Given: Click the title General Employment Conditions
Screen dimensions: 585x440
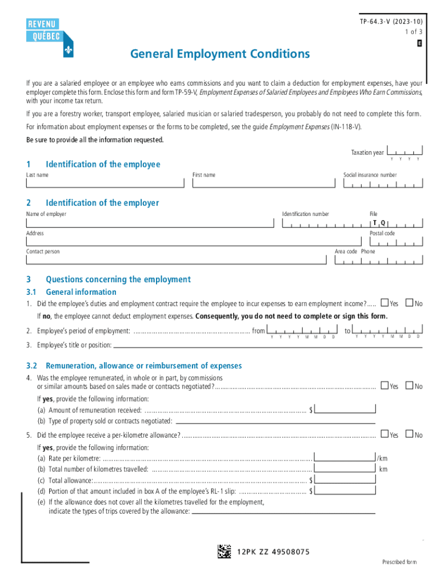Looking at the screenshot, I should (x=220, y=54).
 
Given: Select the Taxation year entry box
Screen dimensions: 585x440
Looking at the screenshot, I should (x=405, y=152).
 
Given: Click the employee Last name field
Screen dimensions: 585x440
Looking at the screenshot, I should (x=105, y=183).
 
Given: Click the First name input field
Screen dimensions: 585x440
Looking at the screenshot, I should (x=263, y=183).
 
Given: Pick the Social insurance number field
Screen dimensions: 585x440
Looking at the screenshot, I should (x=383, y=183).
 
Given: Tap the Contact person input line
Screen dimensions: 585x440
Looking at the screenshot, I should (x=177, y=261).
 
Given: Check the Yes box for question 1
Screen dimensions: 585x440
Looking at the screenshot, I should (x=385, y=303).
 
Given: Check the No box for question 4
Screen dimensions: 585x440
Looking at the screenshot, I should (x=409, y=386).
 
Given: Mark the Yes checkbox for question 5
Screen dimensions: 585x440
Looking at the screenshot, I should (x=385, y=435).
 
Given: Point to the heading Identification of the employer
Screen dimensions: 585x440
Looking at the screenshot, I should (x=102, y=203).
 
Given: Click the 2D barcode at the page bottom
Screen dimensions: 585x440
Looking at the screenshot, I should (x=224, y=552).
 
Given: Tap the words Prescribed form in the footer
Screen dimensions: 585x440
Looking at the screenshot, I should (x=399, y=562).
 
